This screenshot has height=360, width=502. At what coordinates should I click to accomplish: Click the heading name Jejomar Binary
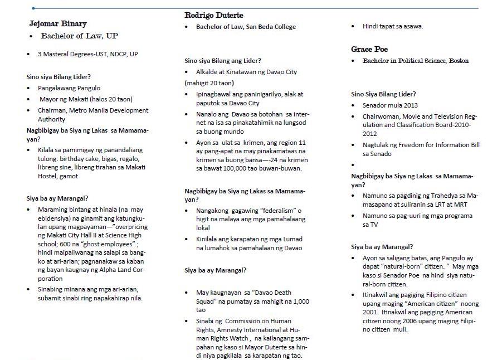pyautogui.click(x=58, y=24)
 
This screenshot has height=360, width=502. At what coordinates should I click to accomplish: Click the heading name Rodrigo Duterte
pyautogui.click(x=213, y=15)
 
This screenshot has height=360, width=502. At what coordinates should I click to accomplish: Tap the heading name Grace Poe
pyautogui.click(x=369, y=50)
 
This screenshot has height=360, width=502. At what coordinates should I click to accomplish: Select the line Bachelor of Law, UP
pyautogui.click(x=77, y=36)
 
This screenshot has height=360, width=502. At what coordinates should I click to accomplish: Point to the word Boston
pyautogui.click(x=456, y=61)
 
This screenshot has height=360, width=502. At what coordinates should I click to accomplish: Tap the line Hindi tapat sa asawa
pyautogui.click(x=392, y=26)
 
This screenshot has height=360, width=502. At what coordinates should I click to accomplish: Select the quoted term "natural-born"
pyautogui.click(x=403, y=266)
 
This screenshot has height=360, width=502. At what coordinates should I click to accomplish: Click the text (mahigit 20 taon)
pyautogui.click(x=209, y=83)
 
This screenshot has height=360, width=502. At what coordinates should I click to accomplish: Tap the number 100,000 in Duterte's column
pyautogui.click(x=225, y=168)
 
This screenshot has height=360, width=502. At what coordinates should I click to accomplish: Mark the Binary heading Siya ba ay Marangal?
pyautogui.click(x=57, y=198)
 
